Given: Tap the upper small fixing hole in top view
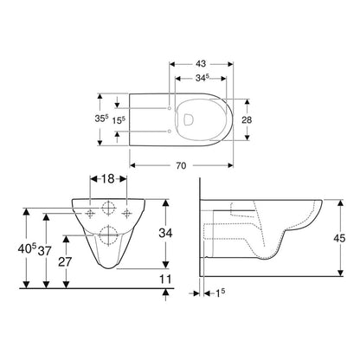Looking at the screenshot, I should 168,108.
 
